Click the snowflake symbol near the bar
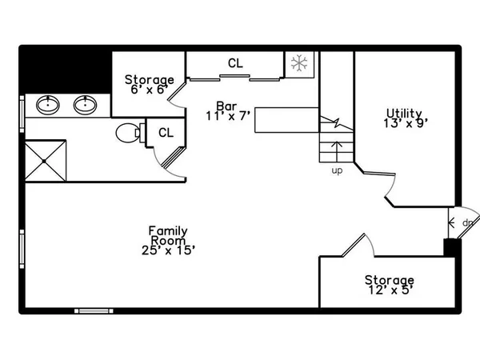click(x=299, y=63)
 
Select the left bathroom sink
click(x=48, y=105)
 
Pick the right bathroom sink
click(x=85, y=105)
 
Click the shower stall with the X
click(x=46, y=161)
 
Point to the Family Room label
click(x=168, y=235)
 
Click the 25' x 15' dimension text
click(x=168, y=250)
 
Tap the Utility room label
click(x=404, y=114)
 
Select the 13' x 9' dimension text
click(x=406, y=123)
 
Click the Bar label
click(x=226, y=106)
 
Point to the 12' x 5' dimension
click(x=391, y=290)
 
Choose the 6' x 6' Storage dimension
click(x=150, y=90)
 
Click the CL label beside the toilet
click(x=166, y=133)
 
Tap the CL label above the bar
click(x=235, y=63)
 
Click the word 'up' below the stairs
click(x=337, y=170)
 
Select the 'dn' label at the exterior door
click(x=467, y=222)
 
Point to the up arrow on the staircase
click(x=337, y=151)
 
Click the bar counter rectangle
click(x=287, y=120)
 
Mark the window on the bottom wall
click(x=94, y=311)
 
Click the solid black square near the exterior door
click(x=452, y=247)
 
